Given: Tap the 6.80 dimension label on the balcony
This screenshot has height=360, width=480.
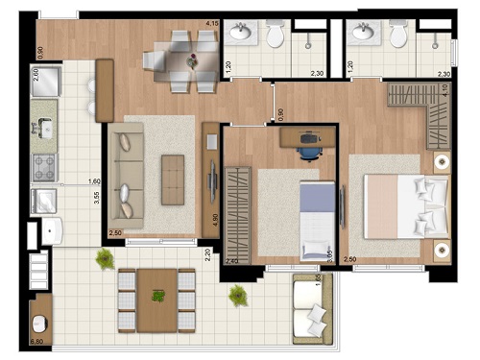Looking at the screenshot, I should (39, 341).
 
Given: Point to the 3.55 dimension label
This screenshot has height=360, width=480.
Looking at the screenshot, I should (95, 199).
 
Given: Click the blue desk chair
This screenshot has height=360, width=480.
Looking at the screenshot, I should (308, 145).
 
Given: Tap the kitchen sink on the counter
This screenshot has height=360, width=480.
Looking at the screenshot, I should (44, 125).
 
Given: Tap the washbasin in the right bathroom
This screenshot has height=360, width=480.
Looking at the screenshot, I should (362, 34).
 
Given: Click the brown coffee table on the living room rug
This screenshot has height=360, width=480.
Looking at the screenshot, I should (173, 178).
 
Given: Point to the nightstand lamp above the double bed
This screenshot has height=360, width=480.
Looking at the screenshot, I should (441, 160).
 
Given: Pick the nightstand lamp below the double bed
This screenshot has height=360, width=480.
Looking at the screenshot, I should (441, 248).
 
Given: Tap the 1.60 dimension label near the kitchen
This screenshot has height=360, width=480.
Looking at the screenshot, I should (94, 180).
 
